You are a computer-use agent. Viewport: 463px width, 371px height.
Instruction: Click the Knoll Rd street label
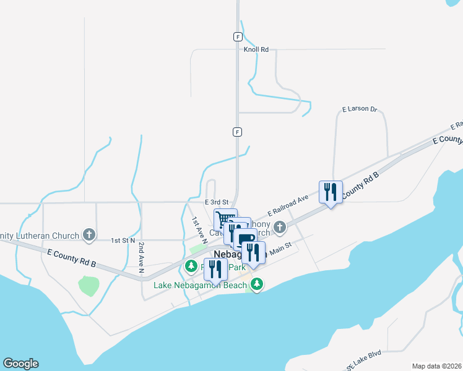(x=256, y=49)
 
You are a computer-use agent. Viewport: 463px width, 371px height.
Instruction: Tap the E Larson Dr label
(x=360, y=109)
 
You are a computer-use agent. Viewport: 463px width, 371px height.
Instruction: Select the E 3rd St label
(x=217, y=202)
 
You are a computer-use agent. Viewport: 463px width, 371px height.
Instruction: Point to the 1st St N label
(x=123, y=240)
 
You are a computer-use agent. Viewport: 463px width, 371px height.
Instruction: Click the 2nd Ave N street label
(x=141, y=258)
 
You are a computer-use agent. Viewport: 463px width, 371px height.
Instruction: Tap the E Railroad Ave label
(x=288, y=205)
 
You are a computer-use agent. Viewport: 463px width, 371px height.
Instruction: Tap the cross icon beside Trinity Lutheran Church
(x=89, y=235)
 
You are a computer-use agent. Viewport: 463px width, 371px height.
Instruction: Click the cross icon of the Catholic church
(x=280, y=228)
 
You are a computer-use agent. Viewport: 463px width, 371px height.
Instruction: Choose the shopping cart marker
(x=224, y=220)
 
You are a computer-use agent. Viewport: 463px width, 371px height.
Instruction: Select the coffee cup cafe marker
(x=244, y=239)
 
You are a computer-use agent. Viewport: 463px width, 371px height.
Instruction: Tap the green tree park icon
(x=191, y=267)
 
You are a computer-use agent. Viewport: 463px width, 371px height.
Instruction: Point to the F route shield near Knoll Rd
(x=238, y=36)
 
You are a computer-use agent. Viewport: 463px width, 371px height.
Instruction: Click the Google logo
(x=20, y=364)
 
